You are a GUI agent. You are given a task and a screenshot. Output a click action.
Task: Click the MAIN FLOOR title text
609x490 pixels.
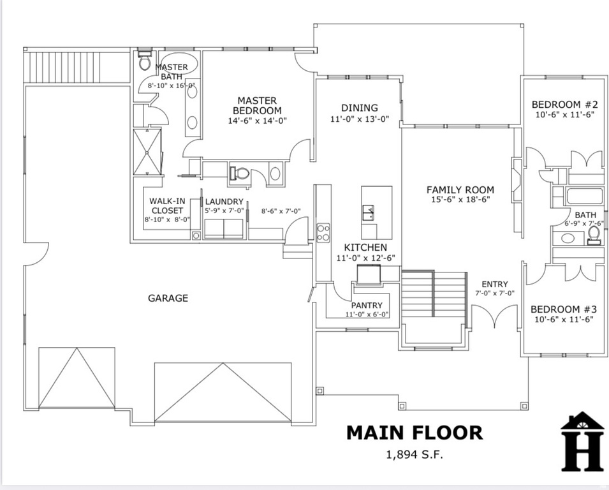(414, 433)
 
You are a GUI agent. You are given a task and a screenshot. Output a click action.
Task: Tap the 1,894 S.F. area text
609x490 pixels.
(414, 455)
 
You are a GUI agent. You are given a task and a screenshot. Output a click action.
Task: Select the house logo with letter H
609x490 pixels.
(582, 442)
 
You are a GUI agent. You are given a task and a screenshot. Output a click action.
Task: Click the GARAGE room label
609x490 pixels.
(168, 298)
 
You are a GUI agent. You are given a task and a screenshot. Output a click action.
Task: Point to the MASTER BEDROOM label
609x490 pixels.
(257, 105)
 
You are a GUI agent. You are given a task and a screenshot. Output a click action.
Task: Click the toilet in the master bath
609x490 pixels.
(145, 62)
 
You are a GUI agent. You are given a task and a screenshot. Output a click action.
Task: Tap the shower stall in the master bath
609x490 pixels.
(147, 151)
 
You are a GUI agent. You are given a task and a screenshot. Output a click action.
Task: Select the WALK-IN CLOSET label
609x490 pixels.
(167, 205)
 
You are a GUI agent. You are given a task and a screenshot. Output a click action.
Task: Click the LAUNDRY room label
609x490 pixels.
(224, 202)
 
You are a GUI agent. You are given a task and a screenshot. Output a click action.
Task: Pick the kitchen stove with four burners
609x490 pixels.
(323, 232)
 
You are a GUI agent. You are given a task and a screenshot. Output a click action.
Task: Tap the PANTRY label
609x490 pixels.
(367, 305)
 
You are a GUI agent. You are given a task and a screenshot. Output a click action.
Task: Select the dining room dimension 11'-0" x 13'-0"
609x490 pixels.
(359, 119)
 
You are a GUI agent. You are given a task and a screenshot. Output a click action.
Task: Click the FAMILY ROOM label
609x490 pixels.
(460, 189)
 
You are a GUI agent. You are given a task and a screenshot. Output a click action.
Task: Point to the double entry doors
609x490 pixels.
(494, 317)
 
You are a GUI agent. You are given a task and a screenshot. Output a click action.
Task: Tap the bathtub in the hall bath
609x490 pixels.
(584, 197)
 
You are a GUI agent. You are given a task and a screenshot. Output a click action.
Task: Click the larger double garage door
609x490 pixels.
(223, 392)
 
